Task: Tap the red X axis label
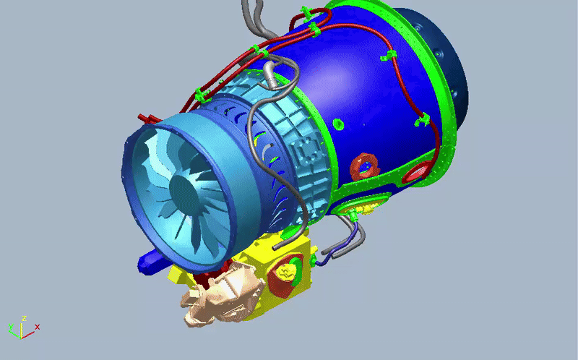[38, 327]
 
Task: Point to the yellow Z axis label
[24, 318]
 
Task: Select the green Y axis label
[11, 327]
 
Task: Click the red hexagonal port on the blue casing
[365, 167]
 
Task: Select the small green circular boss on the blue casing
[338, 124]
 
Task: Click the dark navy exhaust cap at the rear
[442, 67]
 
